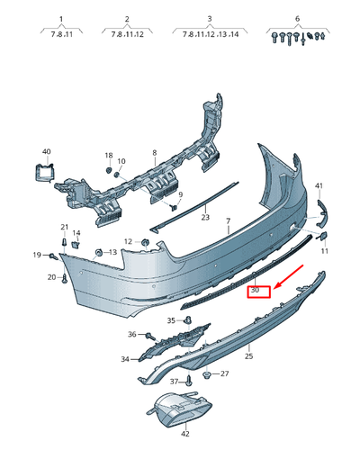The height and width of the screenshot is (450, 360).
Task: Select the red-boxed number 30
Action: click(256, 290)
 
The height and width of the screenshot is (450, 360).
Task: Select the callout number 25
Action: click(248, 356)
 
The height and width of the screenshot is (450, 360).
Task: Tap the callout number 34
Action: click(125, 360)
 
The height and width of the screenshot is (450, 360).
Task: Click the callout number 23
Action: click(205, 217)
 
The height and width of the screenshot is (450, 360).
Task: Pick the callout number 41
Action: click(319, 185)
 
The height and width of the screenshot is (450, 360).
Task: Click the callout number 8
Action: click(154, 153)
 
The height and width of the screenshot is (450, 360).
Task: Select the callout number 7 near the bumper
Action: click(229, 220)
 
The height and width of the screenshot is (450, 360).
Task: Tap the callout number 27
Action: click(225, 373)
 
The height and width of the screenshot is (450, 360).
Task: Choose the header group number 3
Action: click(210, 18)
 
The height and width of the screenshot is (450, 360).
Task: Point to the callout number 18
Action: click(108, 155)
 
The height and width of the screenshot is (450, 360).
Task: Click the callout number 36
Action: click(131, 335)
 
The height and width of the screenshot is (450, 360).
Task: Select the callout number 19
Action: click(38, 256)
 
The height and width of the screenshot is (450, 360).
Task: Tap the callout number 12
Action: click(128, 241)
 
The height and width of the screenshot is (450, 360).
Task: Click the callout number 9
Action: click(180, 195)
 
